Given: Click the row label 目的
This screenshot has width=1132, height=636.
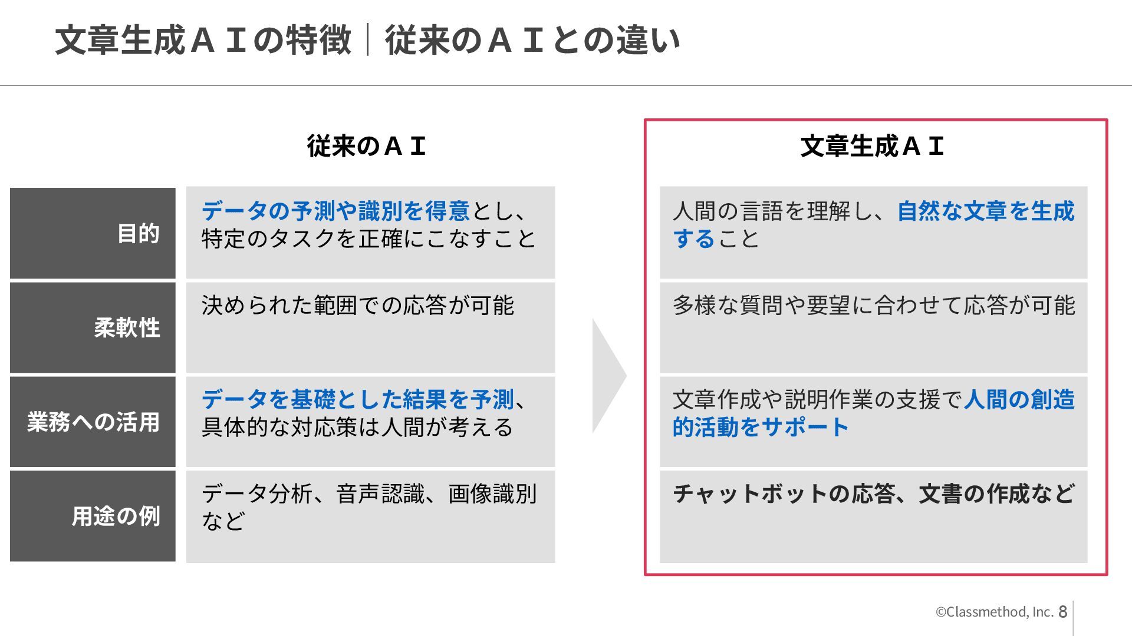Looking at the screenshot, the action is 138,234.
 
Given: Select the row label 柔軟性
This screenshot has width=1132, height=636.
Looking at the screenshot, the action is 127,328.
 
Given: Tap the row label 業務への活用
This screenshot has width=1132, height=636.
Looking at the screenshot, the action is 93,422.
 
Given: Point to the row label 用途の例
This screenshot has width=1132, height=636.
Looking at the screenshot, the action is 116,516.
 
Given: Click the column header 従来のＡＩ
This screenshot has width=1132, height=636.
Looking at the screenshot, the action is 366,146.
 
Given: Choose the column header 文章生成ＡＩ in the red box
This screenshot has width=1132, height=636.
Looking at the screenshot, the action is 872,146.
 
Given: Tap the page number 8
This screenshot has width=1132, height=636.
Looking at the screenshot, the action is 1062,612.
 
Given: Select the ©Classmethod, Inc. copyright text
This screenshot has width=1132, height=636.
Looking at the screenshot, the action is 994,612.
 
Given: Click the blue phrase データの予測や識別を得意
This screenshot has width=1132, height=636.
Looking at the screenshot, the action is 335,211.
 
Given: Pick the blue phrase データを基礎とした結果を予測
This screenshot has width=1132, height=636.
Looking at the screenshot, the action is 357,399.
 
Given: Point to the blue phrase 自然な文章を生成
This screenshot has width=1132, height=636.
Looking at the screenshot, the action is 986,211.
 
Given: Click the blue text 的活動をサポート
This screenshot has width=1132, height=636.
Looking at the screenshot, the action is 761,427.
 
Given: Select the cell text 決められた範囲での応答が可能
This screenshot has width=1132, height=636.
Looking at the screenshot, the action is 357,305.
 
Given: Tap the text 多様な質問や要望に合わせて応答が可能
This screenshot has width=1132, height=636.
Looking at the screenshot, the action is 873,305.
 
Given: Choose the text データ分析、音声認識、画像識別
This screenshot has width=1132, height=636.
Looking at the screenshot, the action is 368,493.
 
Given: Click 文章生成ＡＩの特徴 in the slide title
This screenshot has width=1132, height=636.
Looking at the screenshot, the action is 203,40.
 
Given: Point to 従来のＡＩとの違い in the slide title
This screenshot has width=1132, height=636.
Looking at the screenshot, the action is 532,40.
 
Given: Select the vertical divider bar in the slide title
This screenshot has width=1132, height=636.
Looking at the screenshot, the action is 368,40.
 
